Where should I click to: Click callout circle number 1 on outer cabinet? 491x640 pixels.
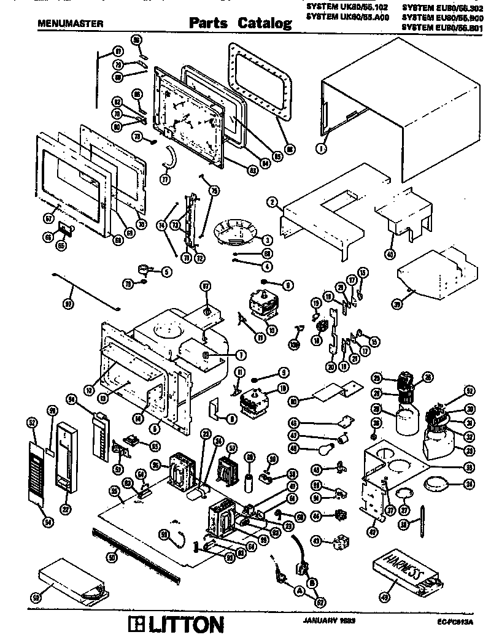tap(322, 147)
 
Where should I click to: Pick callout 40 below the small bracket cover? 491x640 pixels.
tap(390, 253)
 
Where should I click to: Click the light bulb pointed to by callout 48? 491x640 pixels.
tap(323, 448)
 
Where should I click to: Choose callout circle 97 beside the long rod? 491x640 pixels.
tap(68, 303)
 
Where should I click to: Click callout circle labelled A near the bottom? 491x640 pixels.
tap(300, 591)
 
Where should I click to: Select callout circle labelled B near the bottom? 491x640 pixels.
tap(312, 580)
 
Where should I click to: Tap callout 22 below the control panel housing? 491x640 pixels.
tap(65, 508)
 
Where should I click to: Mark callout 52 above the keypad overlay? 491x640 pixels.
tap(31, 422)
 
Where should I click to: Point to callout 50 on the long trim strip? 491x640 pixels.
tap(112, 558)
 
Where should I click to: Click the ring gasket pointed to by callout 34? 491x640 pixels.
tap(436, 482)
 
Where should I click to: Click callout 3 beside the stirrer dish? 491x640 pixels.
tap(267, 239)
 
